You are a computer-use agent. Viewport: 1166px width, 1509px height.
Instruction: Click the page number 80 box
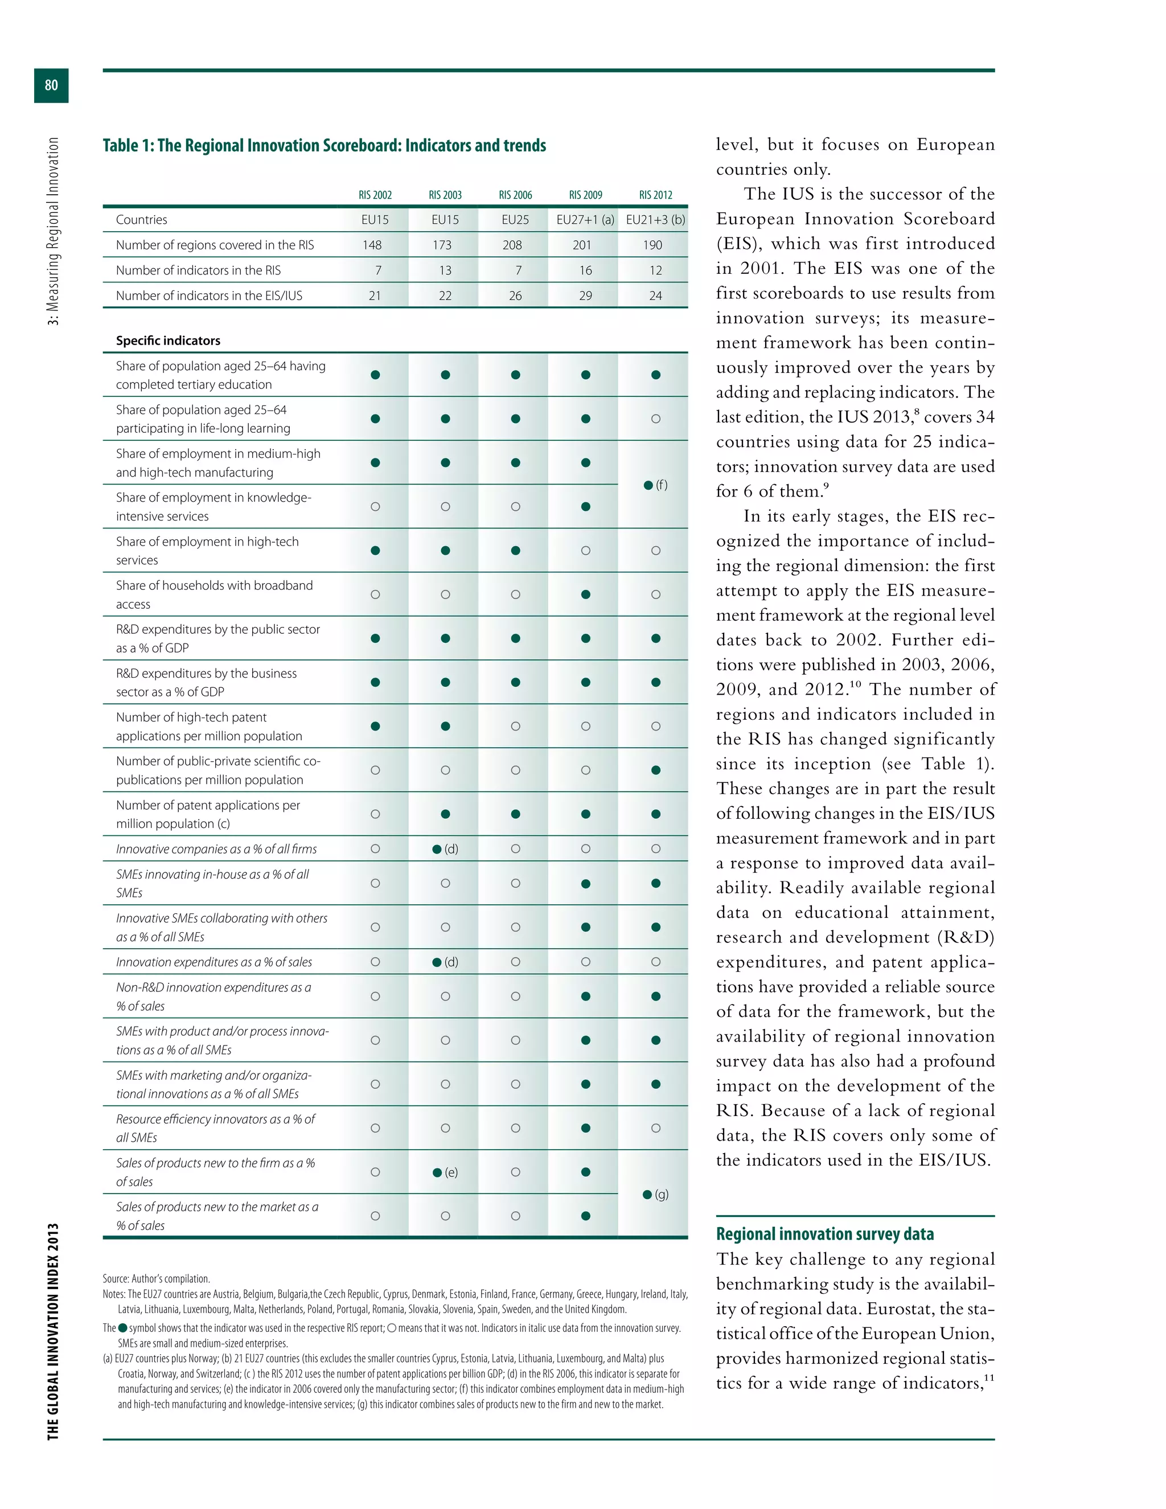(51, 85)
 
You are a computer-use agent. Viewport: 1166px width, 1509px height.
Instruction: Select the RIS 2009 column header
(585, 195)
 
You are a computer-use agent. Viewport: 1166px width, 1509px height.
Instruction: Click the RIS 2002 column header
(375, 195)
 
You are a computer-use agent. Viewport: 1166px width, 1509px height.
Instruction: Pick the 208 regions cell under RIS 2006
(512, 245)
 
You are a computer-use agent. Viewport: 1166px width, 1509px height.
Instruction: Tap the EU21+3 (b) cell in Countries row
(655, 220)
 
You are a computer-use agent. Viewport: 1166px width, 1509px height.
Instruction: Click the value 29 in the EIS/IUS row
(585, 296)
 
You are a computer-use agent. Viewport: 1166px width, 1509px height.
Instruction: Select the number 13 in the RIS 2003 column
(445, 270)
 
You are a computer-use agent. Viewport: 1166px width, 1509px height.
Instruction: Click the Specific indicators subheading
(168, 341)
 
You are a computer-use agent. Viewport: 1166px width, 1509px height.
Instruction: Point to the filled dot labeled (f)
(648, 485)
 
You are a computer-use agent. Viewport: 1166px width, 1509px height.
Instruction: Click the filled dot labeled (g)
(647, 1195)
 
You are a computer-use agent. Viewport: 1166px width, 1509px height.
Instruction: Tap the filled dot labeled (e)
(437, 1172)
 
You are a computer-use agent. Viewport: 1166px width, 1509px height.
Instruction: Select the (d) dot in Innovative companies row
(437, 849)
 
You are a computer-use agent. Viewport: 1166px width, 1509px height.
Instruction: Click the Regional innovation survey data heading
(825, 1234)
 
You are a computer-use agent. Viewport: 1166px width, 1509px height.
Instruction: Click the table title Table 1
(324, 146)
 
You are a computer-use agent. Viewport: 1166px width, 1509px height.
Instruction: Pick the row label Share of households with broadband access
(214, 594)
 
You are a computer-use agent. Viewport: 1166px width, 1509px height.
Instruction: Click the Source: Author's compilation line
(156, 1279)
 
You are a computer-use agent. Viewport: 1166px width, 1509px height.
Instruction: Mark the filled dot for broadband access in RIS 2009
(586, 594)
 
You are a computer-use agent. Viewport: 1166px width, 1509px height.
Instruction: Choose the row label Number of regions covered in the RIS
(215, 245)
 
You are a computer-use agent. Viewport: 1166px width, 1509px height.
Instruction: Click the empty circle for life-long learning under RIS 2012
(655, 419)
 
